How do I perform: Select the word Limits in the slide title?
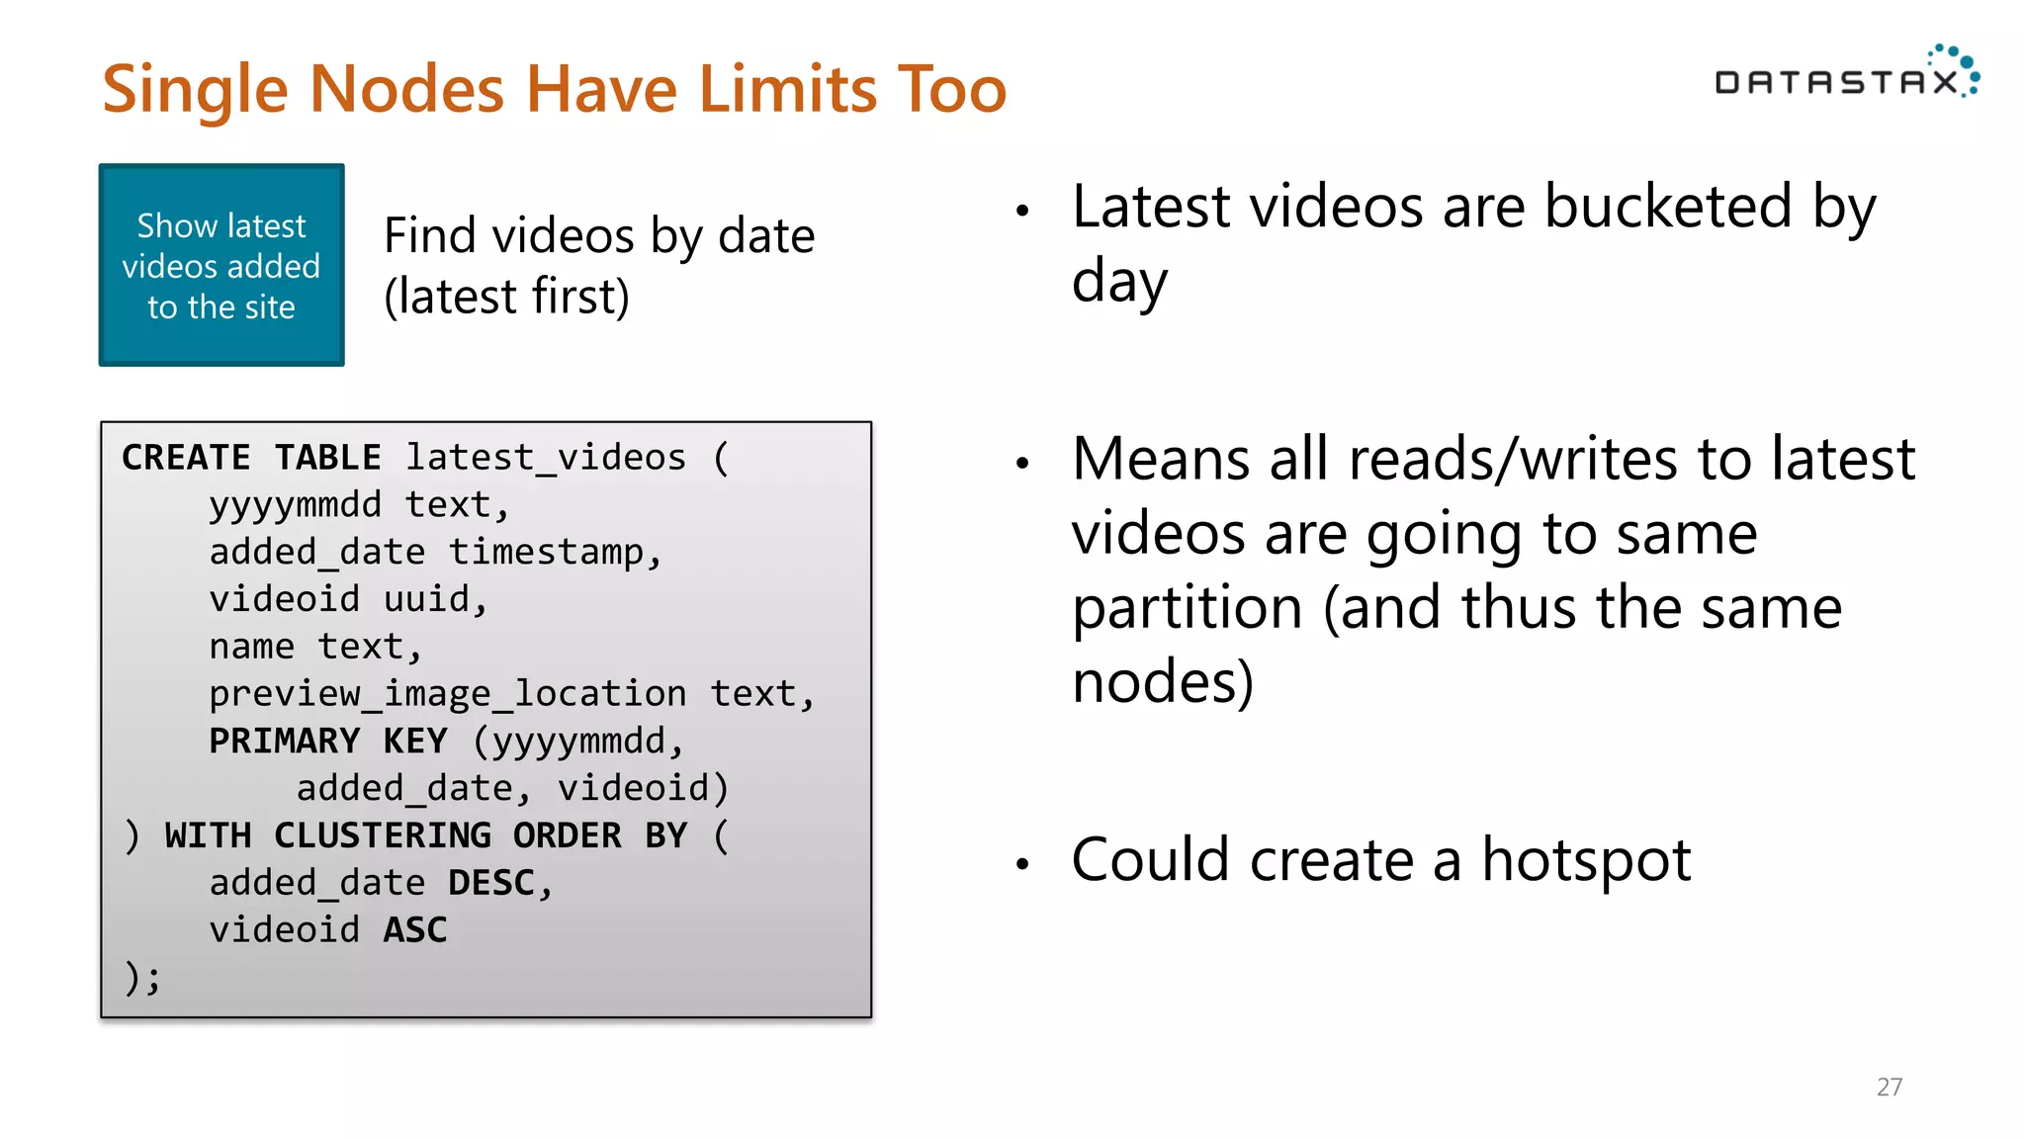pos(787,89)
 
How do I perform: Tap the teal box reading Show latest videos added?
pos(221,265)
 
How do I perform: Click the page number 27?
pos(1889,1087)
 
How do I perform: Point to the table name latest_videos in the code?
pos(546,458)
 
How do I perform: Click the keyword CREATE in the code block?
pos(186,458)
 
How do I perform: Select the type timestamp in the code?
pos(555,552)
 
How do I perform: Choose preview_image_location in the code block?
pos(447,694)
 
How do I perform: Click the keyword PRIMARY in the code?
pos(285,742)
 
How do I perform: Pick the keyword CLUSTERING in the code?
pos(383,835)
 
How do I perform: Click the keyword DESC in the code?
pos(491,883)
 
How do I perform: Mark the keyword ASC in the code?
pos(415,930)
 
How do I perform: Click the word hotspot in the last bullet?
pos(1586,860)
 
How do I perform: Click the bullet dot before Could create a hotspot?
pos(1022,864)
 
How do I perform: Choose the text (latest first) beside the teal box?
pos(506,297)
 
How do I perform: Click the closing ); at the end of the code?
pos(142,978)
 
